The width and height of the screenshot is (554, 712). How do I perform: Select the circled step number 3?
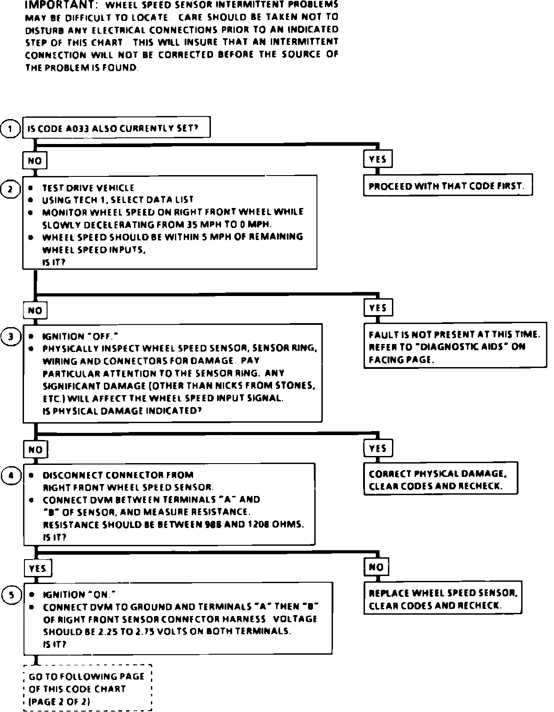point(11,336)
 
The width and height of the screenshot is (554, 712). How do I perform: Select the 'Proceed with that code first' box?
point(447,185)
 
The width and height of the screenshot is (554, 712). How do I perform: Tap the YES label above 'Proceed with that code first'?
point(378,159)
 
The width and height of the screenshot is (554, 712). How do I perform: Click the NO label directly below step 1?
point(35,160)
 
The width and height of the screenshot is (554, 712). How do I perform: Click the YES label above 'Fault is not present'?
point(378,308)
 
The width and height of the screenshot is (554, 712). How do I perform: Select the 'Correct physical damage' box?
point(440,480)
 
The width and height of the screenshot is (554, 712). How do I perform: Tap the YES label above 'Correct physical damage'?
point(378,448)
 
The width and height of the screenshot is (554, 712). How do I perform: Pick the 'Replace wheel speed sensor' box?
point(443,598)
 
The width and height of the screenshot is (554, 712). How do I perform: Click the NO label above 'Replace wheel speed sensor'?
point(376,567)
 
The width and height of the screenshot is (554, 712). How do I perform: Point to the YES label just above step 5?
point(38,568)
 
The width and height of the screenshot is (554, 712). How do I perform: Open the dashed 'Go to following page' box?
point(87,688)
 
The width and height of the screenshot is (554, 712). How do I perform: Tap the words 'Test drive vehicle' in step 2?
point(88,188)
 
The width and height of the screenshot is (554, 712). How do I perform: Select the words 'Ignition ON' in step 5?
point(79,594)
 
